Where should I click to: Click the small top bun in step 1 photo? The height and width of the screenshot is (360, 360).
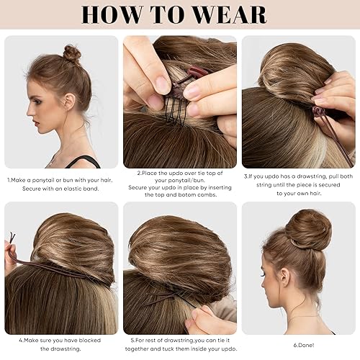tap(72, 53)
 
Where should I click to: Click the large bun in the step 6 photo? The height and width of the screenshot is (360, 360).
tap(307, 228)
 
